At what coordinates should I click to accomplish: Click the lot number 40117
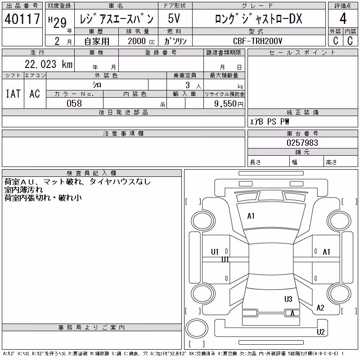coord(22,19)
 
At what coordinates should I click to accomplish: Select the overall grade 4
coord(343,18)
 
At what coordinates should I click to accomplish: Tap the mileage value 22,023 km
coord(49,64)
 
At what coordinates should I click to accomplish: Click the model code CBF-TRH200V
coord(257,41)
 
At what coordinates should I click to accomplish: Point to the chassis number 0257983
coord(302,143)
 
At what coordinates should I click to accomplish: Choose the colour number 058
coord(74,103)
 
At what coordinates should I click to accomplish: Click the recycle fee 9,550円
coord(229,104)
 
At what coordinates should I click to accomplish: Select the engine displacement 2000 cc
coord(141,41)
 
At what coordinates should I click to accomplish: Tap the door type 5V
coord(174,18)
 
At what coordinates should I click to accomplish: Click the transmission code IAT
coord(13,94)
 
